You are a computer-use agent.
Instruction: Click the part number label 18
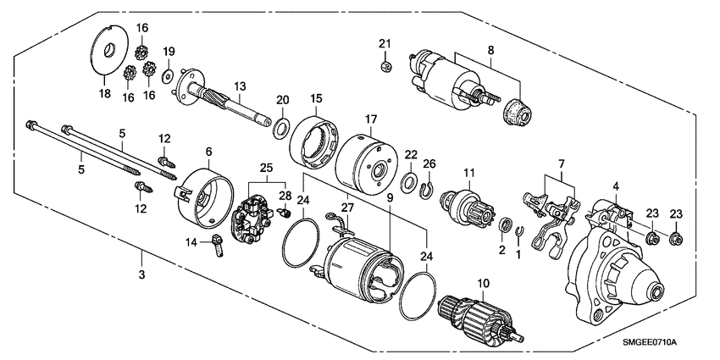pyautogui.click(x=104, y=93)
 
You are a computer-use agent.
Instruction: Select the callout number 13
pyautogui.click(x=241, y=86)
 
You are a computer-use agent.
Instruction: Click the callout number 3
pyautogui.click(x=142, y=275)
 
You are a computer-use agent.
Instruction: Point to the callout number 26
pyautogui.click(x=429, y=163)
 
